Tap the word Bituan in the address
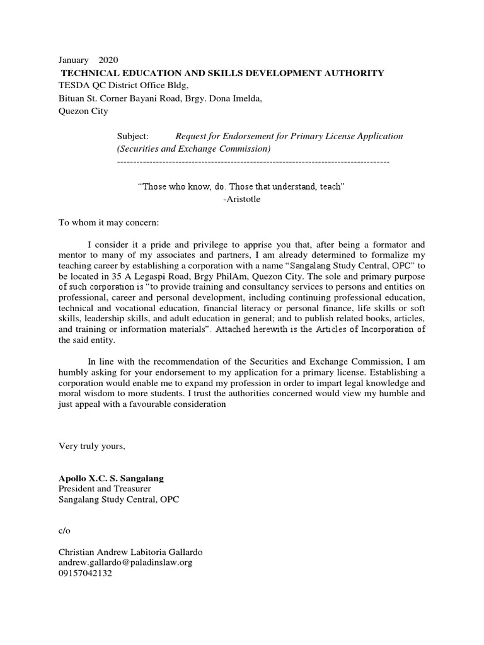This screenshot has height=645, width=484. click(72, 98)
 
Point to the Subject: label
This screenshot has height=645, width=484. click(133, 136)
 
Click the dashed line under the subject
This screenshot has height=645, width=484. click(253, 162)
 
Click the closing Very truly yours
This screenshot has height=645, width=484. click(92, 447)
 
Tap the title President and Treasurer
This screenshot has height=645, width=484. click(105, 489)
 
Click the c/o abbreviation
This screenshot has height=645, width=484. click(64, 531)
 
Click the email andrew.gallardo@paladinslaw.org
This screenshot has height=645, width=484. click(130, 562)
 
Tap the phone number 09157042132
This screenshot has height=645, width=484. click(85, 574)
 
